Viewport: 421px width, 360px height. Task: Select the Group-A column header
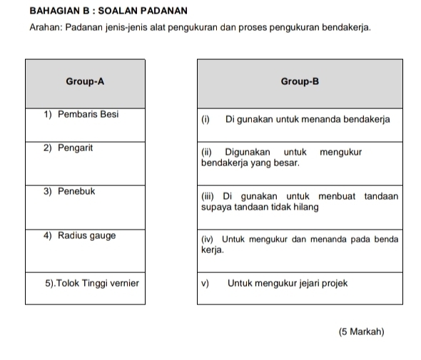click(85, 82)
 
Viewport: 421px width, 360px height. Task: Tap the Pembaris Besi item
click(81, 113)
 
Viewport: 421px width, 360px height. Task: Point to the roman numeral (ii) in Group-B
click(206, 152)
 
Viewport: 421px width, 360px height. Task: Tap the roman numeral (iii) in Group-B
click(208, 196)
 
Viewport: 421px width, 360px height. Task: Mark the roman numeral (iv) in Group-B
click(208, 240)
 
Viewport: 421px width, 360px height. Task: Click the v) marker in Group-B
click(206, 283)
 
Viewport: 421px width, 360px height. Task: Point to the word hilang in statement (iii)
click(305, 207)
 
